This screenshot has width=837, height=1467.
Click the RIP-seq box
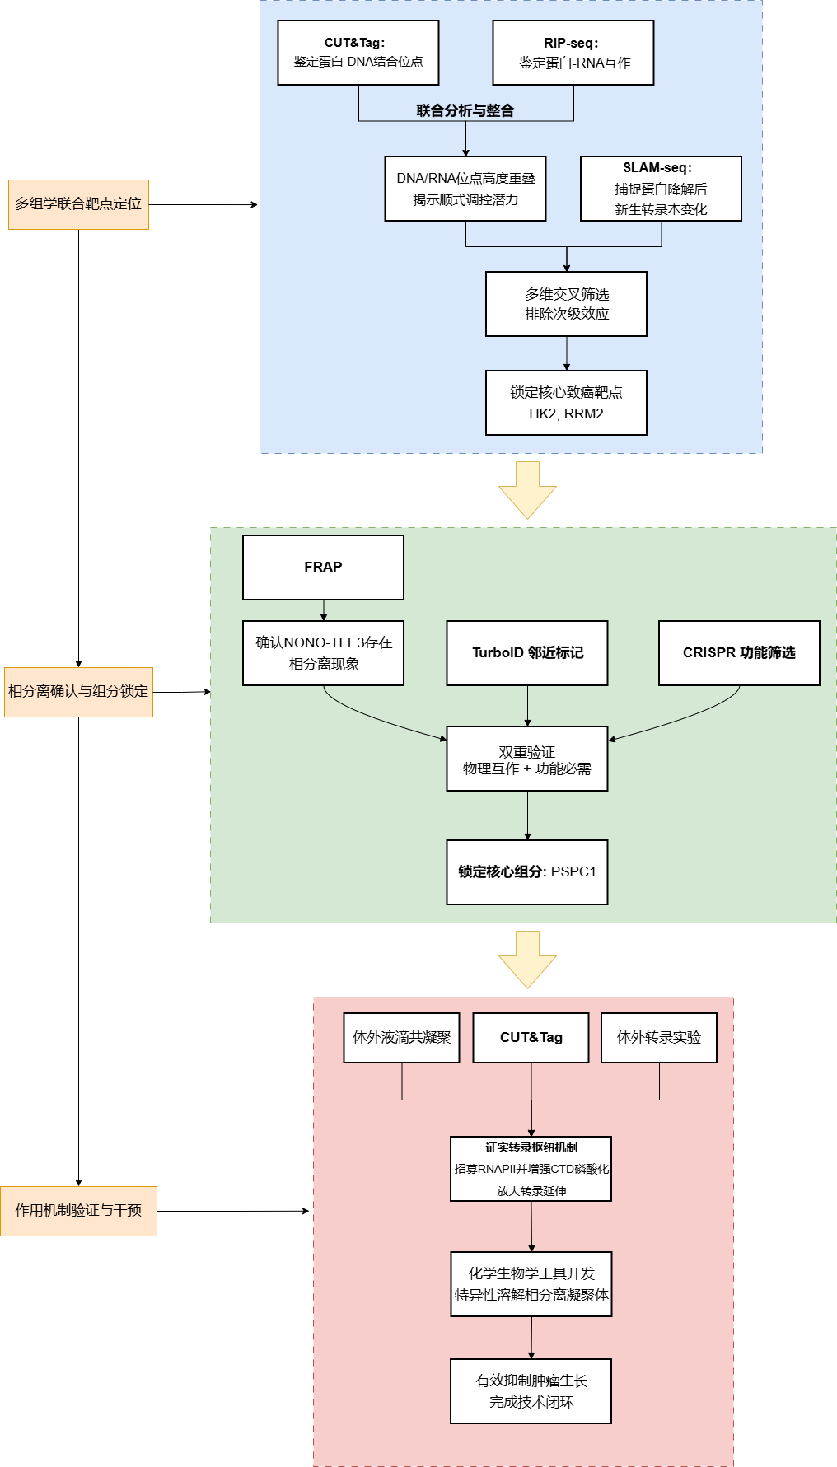(x=573, y=53)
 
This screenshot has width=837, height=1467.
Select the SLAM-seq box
(x=661, y=189)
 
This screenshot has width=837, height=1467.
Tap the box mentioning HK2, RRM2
(x=566, y=403)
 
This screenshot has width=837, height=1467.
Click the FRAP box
(x=323, y=568)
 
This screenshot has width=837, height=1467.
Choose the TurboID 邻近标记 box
(x=527, y=653)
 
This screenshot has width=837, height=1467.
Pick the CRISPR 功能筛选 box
(x=739, y=653)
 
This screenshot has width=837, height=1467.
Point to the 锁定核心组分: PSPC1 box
(x=527, y=872)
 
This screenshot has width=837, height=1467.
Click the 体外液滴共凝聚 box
(x=401, y=1038)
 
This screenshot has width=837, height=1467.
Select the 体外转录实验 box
(x=659, y=1038)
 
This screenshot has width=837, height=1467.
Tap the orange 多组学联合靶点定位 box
(x=78, y=204)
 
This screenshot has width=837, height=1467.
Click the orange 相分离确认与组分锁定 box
(x=78, y=692)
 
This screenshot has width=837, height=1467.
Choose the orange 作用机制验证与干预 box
(x=78, y=1211)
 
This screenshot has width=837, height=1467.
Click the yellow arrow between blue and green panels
(x=527, y=489)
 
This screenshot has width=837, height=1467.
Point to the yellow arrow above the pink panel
(x=527, y=959)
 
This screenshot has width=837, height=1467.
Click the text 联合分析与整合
(x=465, y=110)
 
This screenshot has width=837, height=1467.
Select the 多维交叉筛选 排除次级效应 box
(x=566, y=304)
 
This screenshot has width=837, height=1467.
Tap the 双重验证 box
(x=527, y=759)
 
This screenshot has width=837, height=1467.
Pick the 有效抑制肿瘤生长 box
(x=531, y=1391)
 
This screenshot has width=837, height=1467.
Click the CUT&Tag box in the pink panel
(x=531, y=1038)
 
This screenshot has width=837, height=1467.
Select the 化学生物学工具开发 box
(x=531, y=1284)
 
